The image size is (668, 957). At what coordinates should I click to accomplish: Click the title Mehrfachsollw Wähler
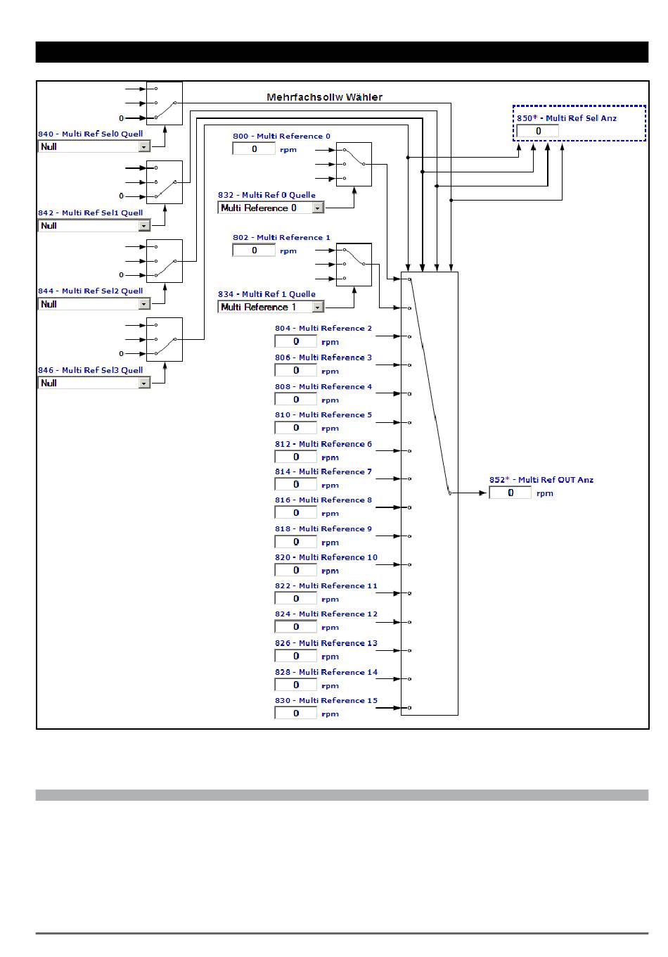324,97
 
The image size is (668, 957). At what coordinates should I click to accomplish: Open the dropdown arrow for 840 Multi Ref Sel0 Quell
144,147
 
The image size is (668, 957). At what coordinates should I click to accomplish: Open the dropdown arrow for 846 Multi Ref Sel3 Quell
144,384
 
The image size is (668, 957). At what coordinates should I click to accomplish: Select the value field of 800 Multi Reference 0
254,148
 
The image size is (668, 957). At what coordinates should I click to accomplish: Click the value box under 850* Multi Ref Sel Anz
537,131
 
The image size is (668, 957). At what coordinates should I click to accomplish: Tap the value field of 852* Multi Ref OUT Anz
510,493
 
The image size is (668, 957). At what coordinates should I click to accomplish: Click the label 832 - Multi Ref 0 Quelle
266,195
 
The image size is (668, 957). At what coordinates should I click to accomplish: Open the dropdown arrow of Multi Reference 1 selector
317,308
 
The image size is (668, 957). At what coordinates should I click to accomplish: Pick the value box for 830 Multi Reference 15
295,713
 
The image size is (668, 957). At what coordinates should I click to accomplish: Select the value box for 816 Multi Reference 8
295,512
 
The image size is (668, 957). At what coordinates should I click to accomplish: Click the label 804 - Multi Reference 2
323,328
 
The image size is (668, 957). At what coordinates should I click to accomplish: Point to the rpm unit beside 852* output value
545,493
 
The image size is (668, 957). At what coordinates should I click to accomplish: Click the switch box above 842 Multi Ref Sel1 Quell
165,182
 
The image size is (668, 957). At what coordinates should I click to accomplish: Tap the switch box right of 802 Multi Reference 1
354,265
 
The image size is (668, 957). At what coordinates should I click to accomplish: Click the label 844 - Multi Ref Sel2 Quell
90,291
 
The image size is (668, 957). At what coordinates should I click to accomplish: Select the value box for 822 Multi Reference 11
295,598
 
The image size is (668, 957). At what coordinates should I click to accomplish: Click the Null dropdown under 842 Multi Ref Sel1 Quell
94,226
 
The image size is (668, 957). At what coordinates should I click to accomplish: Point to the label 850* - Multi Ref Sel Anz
567,118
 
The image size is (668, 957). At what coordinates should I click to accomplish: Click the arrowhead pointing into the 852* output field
482,493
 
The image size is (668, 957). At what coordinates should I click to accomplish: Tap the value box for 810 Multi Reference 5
295,427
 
